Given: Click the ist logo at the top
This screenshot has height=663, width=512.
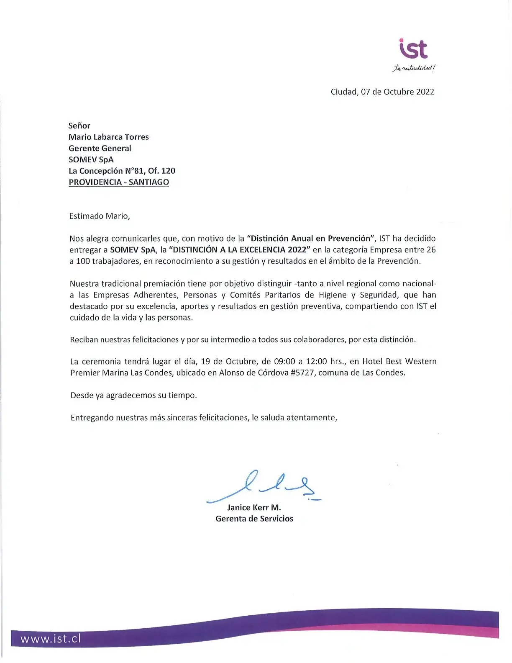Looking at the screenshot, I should [413, 49].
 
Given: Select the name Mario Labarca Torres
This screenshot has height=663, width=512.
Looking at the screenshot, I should [109, 137].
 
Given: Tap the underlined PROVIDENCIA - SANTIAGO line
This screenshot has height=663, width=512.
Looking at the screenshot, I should [119, 182].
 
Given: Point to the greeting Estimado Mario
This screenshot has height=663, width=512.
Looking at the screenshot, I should [100, 216].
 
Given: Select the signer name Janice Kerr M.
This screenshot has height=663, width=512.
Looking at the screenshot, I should [254, 507].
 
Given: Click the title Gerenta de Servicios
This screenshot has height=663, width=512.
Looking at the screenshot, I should [254, 519].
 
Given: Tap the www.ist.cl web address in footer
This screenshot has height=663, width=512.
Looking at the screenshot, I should [51, 639].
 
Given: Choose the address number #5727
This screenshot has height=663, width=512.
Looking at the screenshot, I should [302, 373].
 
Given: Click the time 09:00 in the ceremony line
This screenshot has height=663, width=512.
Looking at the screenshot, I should [284, 361].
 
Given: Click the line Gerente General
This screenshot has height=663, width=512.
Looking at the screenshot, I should [100, 148].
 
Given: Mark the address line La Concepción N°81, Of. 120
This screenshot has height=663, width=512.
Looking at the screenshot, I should [122, 171].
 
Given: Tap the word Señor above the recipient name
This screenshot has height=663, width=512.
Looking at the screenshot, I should [79, 126].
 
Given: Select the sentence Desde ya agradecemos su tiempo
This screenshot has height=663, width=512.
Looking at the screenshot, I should [133, 395].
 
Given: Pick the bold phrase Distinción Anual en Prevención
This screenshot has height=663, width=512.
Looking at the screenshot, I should [311, 239].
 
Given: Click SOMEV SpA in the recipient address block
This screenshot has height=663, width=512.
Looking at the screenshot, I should [91, 159].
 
